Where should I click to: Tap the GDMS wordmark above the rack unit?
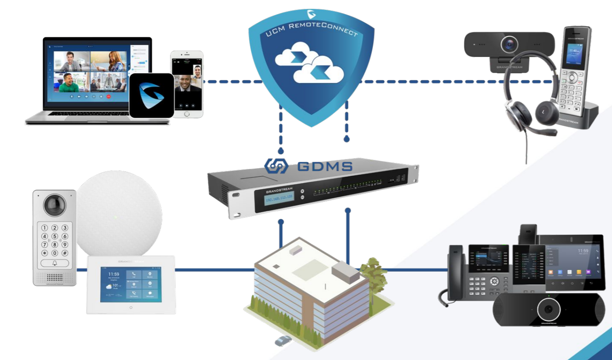click(x=324, y=166)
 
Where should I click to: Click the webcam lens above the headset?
click(x=509, y=45)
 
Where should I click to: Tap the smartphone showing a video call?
click(x=186, y=84)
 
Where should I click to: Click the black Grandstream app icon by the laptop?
click(x=151, y=96)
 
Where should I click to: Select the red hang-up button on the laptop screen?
click(x=108, y=96)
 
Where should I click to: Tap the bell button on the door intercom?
click(x=55, y=263)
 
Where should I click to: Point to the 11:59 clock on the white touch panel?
click(x=114, y=274)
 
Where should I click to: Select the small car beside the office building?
click(x=283, y=340)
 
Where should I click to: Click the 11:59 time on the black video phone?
click(x=583, y=251)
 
